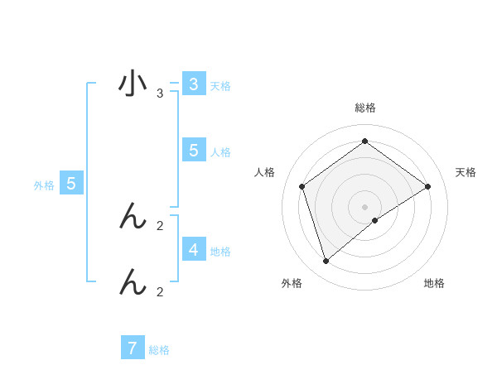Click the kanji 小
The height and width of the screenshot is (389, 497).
click(x=133, y=84)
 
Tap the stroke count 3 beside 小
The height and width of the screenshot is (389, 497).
click(x=160, y=94)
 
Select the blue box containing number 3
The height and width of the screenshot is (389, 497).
click(x=193, y=84)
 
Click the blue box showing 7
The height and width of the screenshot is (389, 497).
click(x=133, y=348)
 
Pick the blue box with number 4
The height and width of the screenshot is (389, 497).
click(x=193, y=249)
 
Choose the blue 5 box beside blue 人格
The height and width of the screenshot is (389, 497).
click(x=193, y=151)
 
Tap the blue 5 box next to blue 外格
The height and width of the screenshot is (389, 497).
click(x=71, y=184)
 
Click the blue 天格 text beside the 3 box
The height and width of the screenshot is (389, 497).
click(x=220, y=85)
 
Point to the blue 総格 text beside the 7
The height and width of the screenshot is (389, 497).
click(x=159, y=350)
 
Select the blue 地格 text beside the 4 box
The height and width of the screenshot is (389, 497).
click(x=220, y=251)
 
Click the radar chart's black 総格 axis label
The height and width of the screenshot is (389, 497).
click(x=364, y=108)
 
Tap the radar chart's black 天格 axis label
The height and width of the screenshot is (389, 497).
click(x=466, y=172)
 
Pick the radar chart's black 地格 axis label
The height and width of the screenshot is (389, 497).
click(x=434, y=283)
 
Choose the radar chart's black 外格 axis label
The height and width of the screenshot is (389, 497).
click(x=292, y=283)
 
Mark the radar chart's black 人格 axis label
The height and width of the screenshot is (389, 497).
click(x=264, y=172)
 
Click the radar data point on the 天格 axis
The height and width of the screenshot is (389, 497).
click(x=427, y=186)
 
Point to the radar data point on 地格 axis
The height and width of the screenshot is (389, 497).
click(x=375, y=220)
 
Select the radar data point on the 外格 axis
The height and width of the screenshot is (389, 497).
click(x=326, y=262)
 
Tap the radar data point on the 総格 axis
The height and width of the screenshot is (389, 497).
click(x=364, y=142)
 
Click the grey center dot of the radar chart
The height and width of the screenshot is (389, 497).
click(x=364, y=206)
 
